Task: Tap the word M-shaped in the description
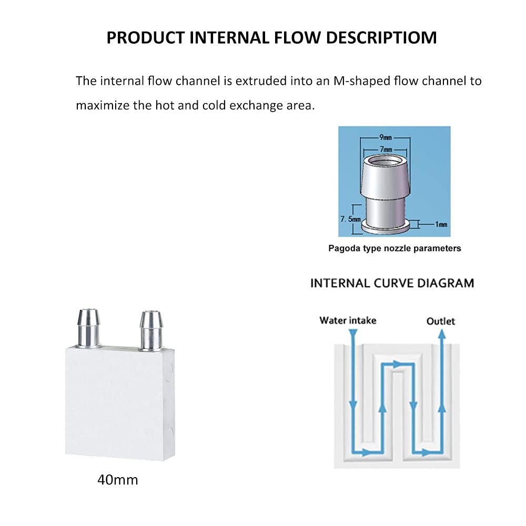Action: click(x=352, y=81)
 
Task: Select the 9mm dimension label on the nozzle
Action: click(x=385, y=137)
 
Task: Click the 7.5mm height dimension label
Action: click(x=350, y=217)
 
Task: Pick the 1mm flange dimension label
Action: click(x=440, y=224)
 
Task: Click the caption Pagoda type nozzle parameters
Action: click(x=394, y=248)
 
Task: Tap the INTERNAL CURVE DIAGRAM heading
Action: click(x=392, y=283)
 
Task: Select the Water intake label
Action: click(x=348, y=320)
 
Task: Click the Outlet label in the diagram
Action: click(x=441, y=321)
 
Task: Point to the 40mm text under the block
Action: click(x=118, y=480)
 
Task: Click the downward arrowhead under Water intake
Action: click(x=353, y=333)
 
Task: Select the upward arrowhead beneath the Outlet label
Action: click(x=442, y=334)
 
